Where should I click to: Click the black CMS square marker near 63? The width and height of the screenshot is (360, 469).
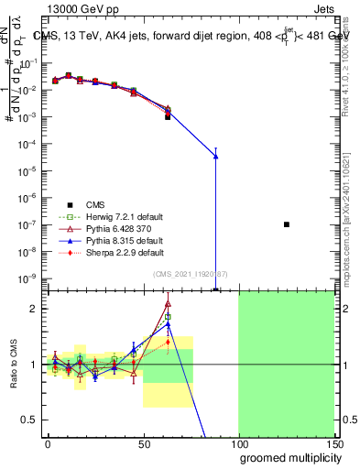point(168,117)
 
